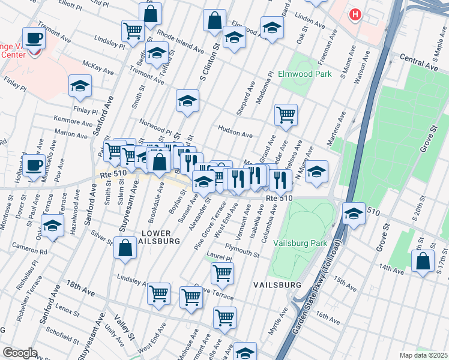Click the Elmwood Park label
pyautogui.click(x=304, y=75)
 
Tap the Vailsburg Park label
pyautogui.click(x=300, y=243)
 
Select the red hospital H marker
pyautogui.click(x=356, y=14)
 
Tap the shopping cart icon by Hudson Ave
pyautogui.click(x=286, y=114)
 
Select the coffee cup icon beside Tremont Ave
pyautogui.click(x=35, y=38)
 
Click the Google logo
pyautogui.click(x=20, y=352)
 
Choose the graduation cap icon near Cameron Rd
pyautogui.click(x=53, y=226)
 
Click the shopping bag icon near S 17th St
pyautogui.click(x=423, y=260)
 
